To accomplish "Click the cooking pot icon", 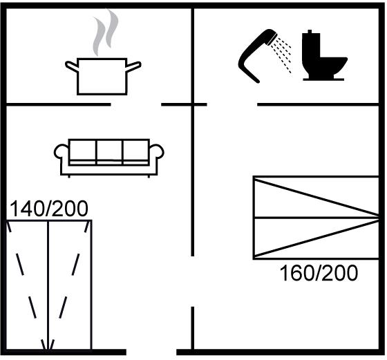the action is (x=102, y=77).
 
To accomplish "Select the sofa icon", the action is (x=109, y=158).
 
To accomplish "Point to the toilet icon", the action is (x=324, y=55).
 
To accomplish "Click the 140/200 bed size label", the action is (x=49, y=209).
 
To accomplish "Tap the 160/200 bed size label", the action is (x=319, y=273).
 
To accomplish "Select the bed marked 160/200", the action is (x=316, y=218).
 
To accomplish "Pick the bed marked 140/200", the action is (x=49, y=285).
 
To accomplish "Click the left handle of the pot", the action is (x=71, y=66).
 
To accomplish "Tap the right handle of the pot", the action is (x=134, y=66).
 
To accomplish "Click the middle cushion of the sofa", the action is (x=109, y=151).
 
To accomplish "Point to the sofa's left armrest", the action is (x=62, y=151).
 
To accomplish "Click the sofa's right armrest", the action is (x=156, y=151).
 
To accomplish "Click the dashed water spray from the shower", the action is (x=281, y=55).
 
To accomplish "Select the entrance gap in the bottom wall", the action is (x=151, y=352).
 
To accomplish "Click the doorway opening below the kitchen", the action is (x=136, y=104).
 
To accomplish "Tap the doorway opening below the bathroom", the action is (x=232, y=104).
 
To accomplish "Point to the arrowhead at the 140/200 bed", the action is (x=48, y=345).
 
